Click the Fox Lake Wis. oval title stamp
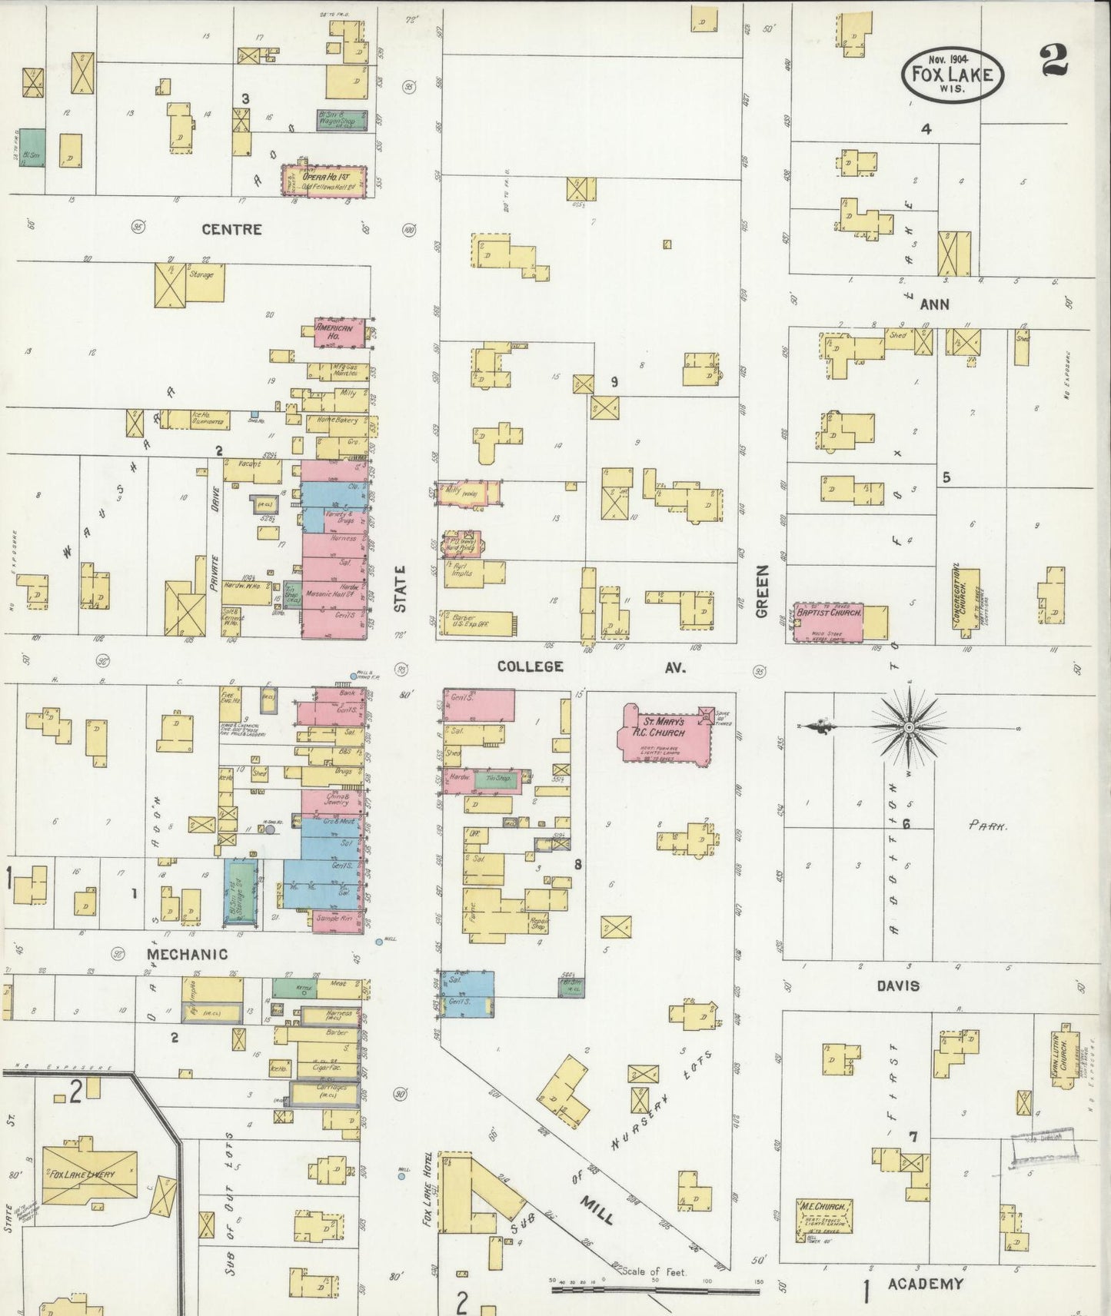coord(953,74)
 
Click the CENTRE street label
coord(231,229)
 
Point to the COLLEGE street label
coord(530,666)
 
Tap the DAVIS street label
coord(897,985)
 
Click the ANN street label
coord(934,304)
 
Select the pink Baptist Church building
coord(828,620)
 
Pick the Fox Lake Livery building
coord(89,1175)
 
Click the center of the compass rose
coord(908,726)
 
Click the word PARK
coord(987,826)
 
